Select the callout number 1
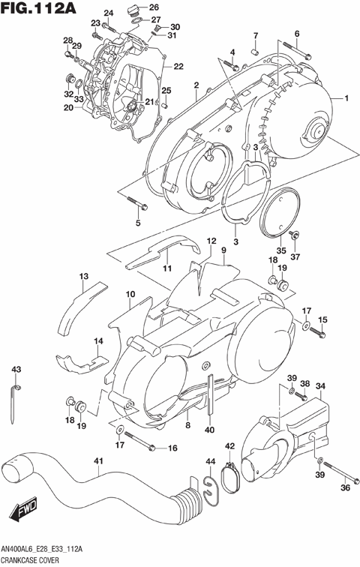click(347, 98)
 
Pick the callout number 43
click(16, 368)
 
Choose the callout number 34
click(320, 386)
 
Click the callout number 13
click(84, 276)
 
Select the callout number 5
click(138, 223)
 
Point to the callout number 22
click(178, 66)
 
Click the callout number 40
click(209, 430)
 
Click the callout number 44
click(211, 460)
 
